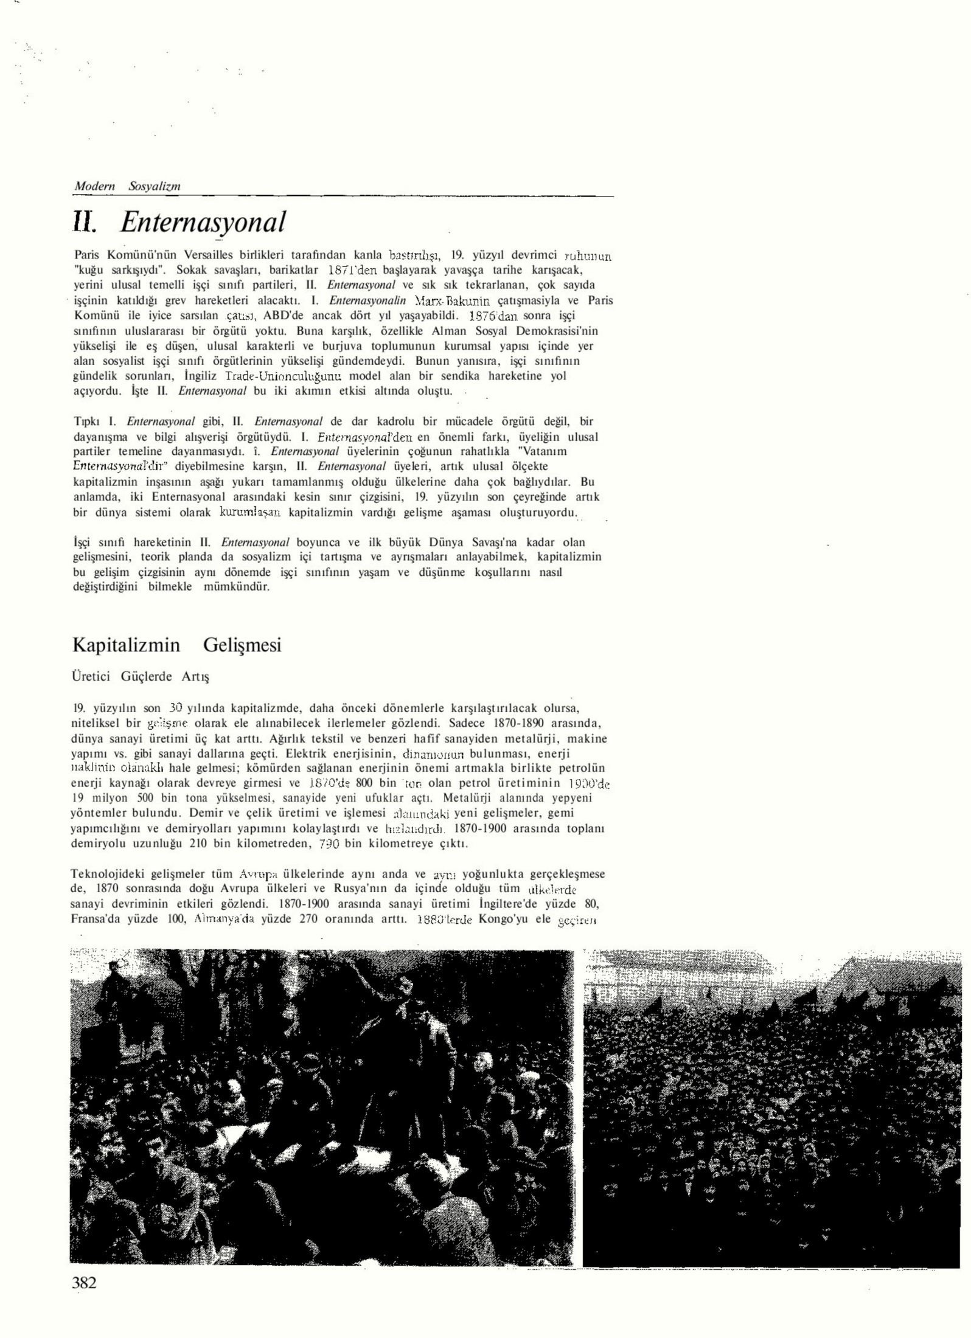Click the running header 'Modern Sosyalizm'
coord(127,186)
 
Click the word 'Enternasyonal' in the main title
coord(203,223)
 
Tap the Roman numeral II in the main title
coord(84,223)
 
